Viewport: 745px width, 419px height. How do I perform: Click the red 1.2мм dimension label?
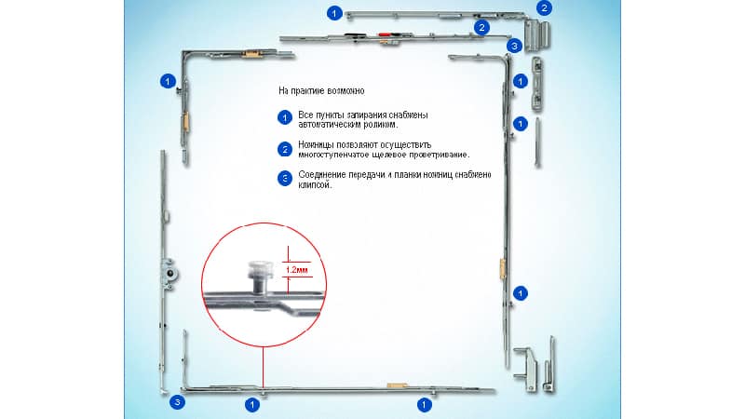[x=297, y=270]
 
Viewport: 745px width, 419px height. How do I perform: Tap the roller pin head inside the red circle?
[x=259, y=270]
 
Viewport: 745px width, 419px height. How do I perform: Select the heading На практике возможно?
[x=321, y=90]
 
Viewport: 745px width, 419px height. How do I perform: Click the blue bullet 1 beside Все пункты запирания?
[x=285, y=117]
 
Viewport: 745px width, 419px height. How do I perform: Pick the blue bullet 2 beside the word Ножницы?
[x=285, y=149]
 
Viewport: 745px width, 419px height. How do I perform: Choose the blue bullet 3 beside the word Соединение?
[x=285, y=179]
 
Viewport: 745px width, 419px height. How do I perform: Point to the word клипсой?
[x=315, y=184]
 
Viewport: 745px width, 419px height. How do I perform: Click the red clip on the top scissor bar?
[x=384, y=34]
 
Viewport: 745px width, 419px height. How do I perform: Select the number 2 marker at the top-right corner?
[x=544, y=8]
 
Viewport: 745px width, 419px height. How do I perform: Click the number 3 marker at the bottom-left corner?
[x=177, y=402]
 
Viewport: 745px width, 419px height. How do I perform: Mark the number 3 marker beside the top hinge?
[x=514, y=46]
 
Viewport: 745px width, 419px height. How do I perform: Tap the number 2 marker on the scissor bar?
[x=481, y=28]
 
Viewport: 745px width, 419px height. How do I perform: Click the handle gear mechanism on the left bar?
[x=169, y=274]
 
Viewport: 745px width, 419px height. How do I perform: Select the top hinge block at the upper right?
[x=537, y=34]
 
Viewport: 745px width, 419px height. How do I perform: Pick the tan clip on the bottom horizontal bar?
[x=397, y=385]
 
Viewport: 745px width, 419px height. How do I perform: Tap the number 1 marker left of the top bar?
[x=334, y=13]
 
